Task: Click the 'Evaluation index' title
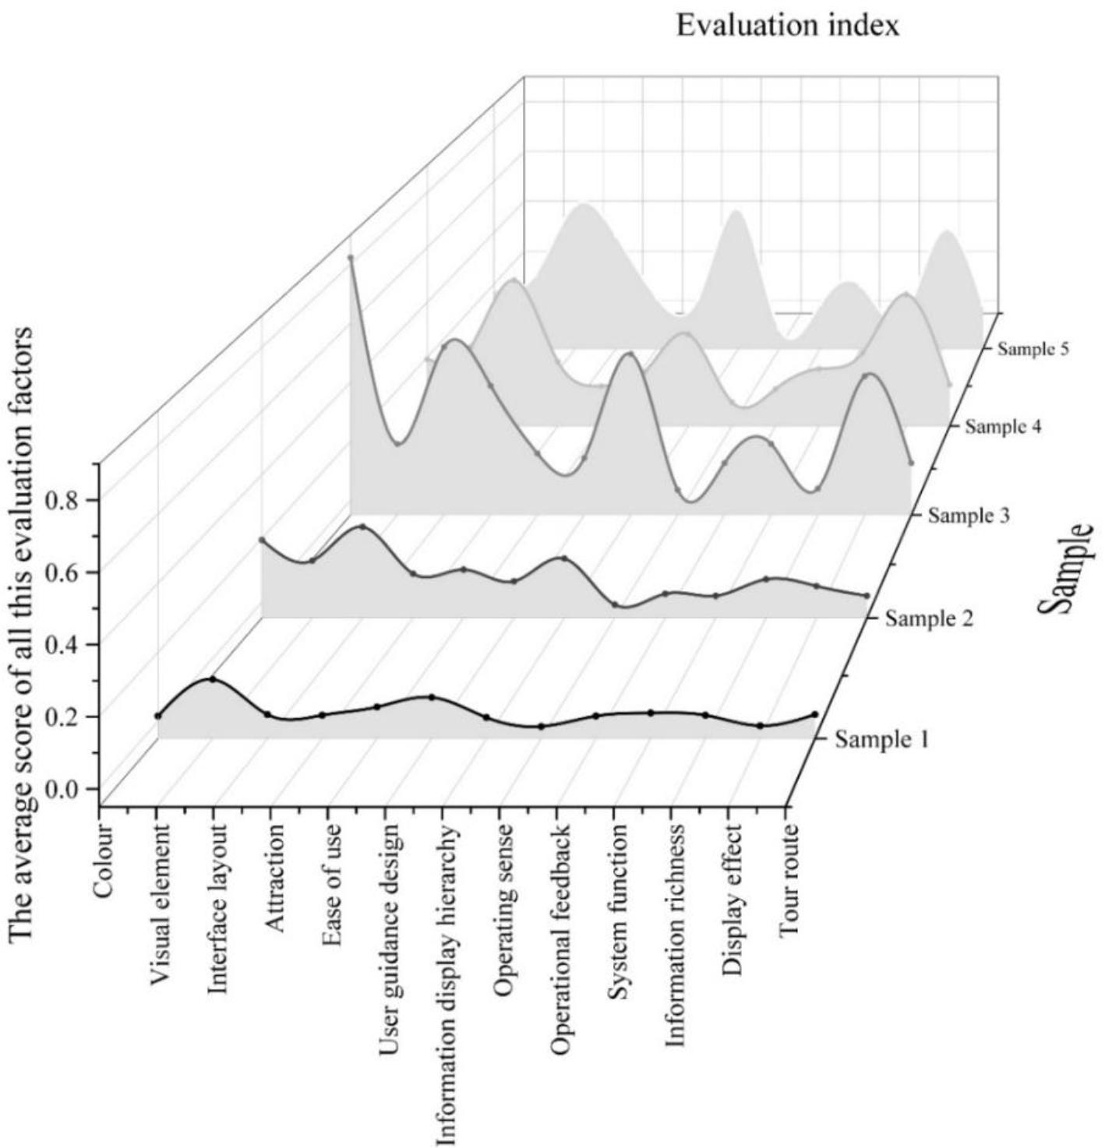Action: coord(788,25)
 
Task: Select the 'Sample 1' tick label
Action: coord(881,738)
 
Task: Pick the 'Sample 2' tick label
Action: coord(929,619)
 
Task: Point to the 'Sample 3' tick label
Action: coord(969,516)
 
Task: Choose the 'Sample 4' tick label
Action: coord(1004,426)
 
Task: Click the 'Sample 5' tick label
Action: coord(1033,349)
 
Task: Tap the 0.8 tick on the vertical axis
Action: coord(62,499)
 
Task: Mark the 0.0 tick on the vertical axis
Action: coord(62,788)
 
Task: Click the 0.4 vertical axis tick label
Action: coord(62,644)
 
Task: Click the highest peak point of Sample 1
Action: coord(212,679)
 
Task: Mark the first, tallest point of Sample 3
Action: coord(351,257)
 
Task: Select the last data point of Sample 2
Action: coord(867,596)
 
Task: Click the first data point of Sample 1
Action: coord(158,716)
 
